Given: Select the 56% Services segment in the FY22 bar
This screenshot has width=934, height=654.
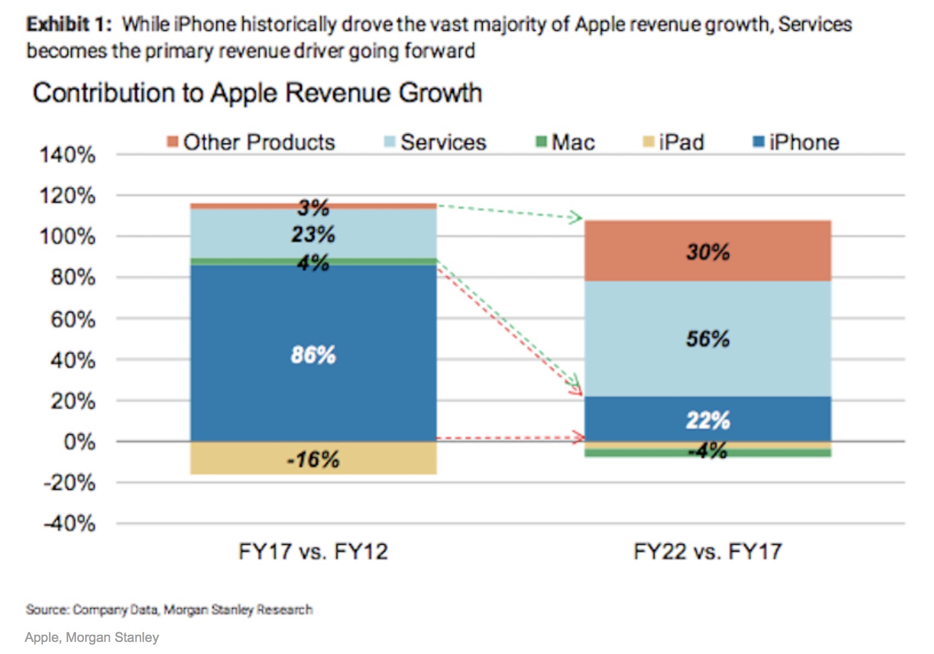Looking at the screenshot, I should coord(708,338).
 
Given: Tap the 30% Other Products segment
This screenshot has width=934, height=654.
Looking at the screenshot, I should coord(708,251).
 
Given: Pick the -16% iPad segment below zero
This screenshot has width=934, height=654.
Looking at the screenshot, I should coord(313,459).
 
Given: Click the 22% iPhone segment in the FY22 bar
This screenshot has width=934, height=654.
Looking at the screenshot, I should coord(708,419).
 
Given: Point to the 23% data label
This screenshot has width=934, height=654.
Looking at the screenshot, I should coord(313,234).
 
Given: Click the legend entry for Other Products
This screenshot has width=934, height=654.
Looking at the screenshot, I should coord(252,142).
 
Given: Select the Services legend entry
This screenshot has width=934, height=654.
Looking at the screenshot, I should coord(436,142).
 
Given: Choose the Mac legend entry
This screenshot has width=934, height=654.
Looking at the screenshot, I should coord(566,142).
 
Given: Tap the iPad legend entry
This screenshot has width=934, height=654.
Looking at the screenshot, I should coord(674,142).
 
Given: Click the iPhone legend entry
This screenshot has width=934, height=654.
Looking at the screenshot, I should coord(796,142).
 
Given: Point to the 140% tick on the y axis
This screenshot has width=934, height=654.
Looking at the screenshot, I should coord(68,155).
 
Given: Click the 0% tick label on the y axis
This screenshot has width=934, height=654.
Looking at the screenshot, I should coord(79,442).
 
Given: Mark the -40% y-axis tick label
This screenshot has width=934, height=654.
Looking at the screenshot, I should coord(70,523).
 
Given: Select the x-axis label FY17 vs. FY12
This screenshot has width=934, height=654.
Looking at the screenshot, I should coord(313,551).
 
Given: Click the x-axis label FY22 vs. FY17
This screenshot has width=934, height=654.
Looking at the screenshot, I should coord(708,551).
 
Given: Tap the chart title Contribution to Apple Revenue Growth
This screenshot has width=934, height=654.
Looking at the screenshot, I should coord(258,93).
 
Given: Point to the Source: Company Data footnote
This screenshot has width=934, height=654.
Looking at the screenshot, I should coord(169,609).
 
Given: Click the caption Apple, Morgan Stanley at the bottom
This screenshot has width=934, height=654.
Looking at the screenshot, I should coord(92,637).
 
